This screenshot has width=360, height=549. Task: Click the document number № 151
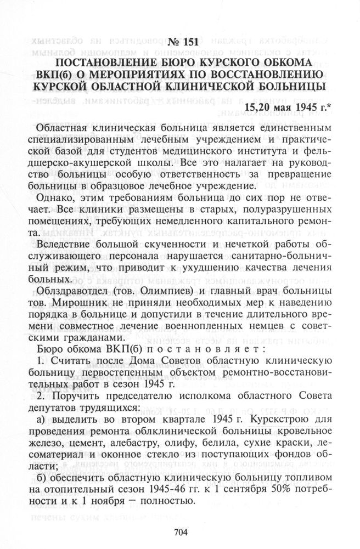point(180,44)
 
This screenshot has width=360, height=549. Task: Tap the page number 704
point(181,531)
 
